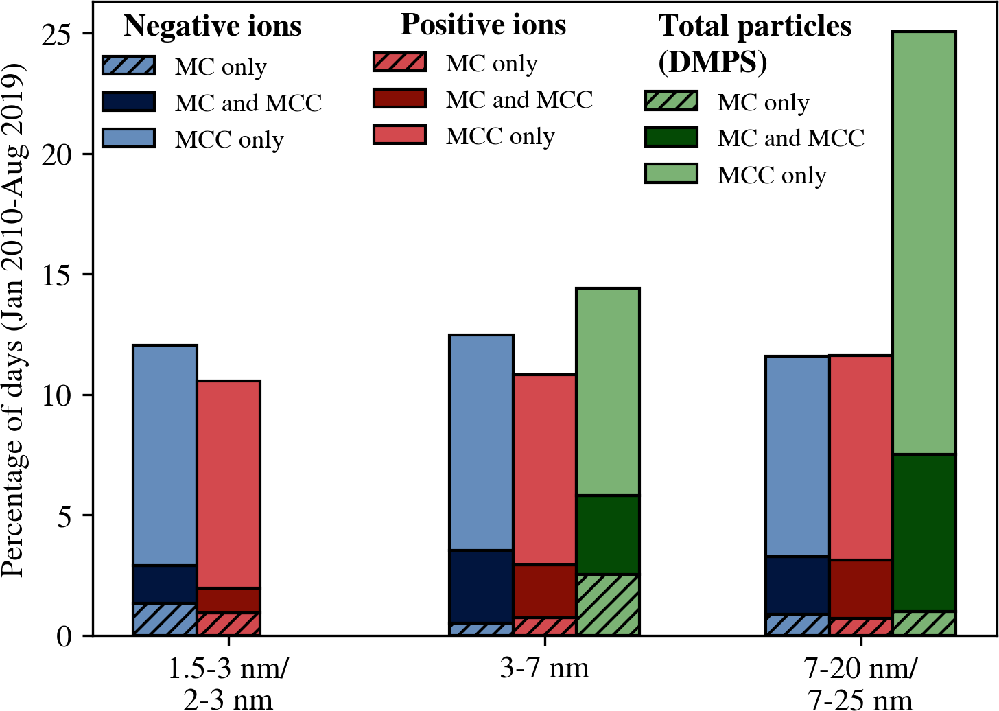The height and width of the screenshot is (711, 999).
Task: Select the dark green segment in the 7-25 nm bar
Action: (x=924, y=533)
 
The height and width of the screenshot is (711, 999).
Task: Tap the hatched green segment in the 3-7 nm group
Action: (x=608, y=605)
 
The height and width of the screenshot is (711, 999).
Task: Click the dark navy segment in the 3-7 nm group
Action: (x=481, y=587)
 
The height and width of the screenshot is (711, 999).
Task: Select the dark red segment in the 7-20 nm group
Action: (x=861, y=589)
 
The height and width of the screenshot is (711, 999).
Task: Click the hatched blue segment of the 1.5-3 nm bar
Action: (x=165, y=619)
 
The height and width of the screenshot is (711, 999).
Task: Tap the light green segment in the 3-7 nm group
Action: (x=608, y=392)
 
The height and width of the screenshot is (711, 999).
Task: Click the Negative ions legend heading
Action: (x=212, y=26)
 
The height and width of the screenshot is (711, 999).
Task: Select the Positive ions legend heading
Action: (x=483, y=25)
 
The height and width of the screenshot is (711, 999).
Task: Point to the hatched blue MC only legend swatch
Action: (x=129, y=65)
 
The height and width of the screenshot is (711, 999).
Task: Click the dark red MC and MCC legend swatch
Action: (x=399, y=98)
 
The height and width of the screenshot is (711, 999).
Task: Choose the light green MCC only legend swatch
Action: (x=671, y=174)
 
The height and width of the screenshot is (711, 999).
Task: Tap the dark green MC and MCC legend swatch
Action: (x=671, y=137)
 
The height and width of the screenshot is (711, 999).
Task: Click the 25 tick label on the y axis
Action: (x=58, y=34)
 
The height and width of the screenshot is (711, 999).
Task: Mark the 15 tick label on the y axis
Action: (x=58, y=275)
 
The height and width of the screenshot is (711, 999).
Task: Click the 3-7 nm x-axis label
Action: (x=544, y=668)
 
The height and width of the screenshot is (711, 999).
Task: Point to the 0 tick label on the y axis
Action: (x=64, y=637)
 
